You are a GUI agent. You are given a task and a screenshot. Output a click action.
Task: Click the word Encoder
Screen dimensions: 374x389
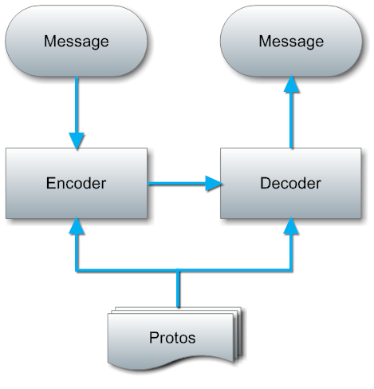76,183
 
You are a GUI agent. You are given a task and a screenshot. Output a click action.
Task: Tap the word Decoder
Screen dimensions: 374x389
290,183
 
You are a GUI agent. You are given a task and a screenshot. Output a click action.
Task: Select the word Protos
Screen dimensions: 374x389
172,338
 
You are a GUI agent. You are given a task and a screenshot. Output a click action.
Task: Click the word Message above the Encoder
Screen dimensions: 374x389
77,42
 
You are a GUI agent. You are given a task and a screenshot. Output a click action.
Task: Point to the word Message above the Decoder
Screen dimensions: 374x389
291,42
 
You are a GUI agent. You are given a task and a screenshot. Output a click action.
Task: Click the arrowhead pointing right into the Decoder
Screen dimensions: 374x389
214,184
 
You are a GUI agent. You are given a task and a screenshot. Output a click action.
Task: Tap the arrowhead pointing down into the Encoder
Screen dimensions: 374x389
77,141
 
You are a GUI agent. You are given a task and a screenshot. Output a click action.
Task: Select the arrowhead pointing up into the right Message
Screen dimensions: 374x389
292,84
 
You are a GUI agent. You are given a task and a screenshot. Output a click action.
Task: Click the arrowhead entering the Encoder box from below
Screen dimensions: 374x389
77,226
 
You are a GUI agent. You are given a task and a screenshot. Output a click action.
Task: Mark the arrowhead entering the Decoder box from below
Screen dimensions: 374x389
291,226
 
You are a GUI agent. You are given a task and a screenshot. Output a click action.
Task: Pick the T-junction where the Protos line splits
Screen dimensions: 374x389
178,271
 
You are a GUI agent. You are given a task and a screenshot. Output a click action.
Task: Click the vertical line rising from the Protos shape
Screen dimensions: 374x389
178,289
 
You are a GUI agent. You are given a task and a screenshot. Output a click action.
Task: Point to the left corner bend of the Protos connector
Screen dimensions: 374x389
77,271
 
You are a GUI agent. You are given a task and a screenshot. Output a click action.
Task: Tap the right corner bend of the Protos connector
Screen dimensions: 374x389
291,271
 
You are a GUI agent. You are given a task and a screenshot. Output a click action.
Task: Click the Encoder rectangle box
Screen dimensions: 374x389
77,183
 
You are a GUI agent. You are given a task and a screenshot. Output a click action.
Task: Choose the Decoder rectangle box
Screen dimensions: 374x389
291,183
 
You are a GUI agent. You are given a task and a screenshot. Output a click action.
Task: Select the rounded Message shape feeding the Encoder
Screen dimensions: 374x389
76,41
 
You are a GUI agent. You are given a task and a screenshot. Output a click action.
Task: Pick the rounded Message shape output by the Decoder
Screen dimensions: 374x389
291,41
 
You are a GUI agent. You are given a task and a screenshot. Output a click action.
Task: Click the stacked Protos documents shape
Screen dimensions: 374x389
175,338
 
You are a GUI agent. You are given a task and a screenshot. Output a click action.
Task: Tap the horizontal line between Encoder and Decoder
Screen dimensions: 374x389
177,184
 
